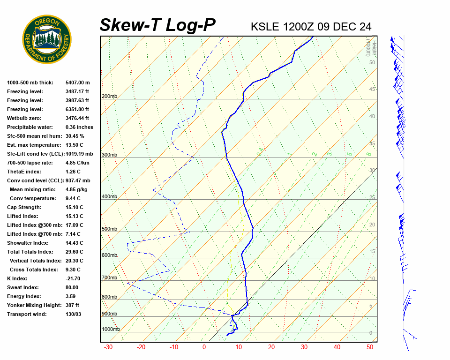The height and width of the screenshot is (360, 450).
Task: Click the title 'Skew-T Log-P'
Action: pyautogui.click(x=157, y=25)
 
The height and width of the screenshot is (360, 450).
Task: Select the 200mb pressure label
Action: pyautogui.click(x=109, y=96)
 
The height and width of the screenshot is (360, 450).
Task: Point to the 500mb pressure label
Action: pyautogui.click(x=109, y=229)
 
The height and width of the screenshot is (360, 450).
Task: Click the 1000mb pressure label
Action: pyautogui.click(x=111, y=329)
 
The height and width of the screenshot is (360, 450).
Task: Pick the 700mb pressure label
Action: pyautogui.click(x=109, y=277)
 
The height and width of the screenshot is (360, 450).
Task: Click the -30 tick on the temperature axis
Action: pyautogui.click(x=108, y=347)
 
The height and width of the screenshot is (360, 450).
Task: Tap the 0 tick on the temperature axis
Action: pyautogui.click(x=204, y=347)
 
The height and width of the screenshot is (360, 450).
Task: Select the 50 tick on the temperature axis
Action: pyautogui.click(x=370, y=347)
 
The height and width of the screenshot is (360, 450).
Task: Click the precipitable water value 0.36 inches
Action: pyautogui.click(x=79, y=127)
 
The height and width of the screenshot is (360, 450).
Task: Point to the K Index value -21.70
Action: pyautogui.click(x=73, y=278)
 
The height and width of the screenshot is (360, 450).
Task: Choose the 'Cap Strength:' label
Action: pyautogui.click(x=24, y=207)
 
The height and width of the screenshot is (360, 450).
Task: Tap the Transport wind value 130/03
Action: pyautogui.click(x=73, y=314)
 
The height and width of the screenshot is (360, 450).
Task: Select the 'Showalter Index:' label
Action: pyautogui.click(x=28, y=243)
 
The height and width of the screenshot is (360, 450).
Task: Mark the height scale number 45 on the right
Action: pyautogui.click(x=372, y=90)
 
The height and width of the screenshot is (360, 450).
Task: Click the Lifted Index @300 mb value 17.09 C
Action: pyautogui.click(x=74, y=225)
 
